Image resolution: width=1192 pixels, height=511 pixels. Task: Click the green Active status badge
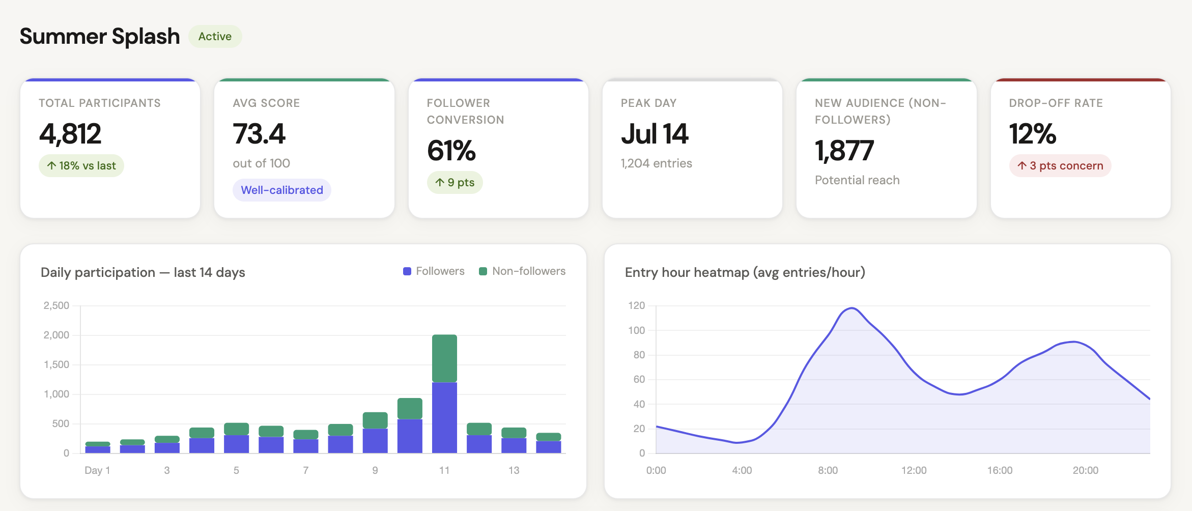click(215, 37)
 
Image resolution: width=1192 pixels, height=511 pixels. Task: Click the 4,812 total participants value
click(70, 134)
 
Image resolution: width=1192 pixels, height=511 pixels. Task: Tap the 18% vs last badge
click(81, 166)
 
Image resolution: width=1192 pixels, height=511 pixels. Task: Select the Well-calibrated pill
click(282, 190)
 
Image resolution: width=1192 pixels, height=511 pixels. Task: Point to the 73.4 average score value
click(259, 134)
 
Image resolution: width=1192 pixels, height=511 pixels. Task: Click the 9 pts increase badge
click(455, 183)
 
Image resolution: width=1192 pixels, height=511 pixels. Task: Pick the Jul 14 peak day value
click(655, 134)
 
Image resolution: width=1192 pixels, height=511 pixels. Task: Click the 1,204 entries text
click(656, 163)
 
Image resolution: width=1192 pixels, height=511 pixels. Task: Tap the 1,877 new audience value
click(844, 151)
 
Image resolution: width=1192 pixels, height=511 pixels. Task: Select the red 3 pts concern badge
click(1060, 166)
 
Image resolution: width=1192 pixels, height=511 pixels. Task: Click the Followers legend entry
click(434, 271)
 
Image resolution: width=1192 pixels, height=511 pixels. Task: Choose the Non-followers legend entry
click(523, 271)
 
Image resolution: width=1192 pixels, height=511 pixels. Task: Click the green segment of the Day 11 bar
click(444, 358)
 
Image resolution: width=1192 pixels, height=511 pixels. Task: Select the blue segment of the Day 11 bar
click(444, 417)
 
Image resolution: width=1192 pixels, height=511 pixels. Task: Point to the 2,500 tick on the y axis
click(56, 305)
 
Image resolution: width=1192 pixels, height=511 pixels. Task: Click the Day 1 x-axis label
click(97, 470)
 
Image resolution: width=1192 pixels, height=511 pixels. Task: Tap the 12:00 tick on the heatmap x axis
click(914, 470)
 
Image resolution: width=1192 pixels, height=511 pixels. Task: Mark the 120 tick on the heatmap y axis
click(636, 305)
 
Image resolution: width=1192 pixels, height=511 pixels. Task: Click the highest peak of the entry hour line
click(852, 308)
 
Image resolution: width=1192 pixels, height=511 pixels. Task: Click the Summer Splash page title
click(100, 37)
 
